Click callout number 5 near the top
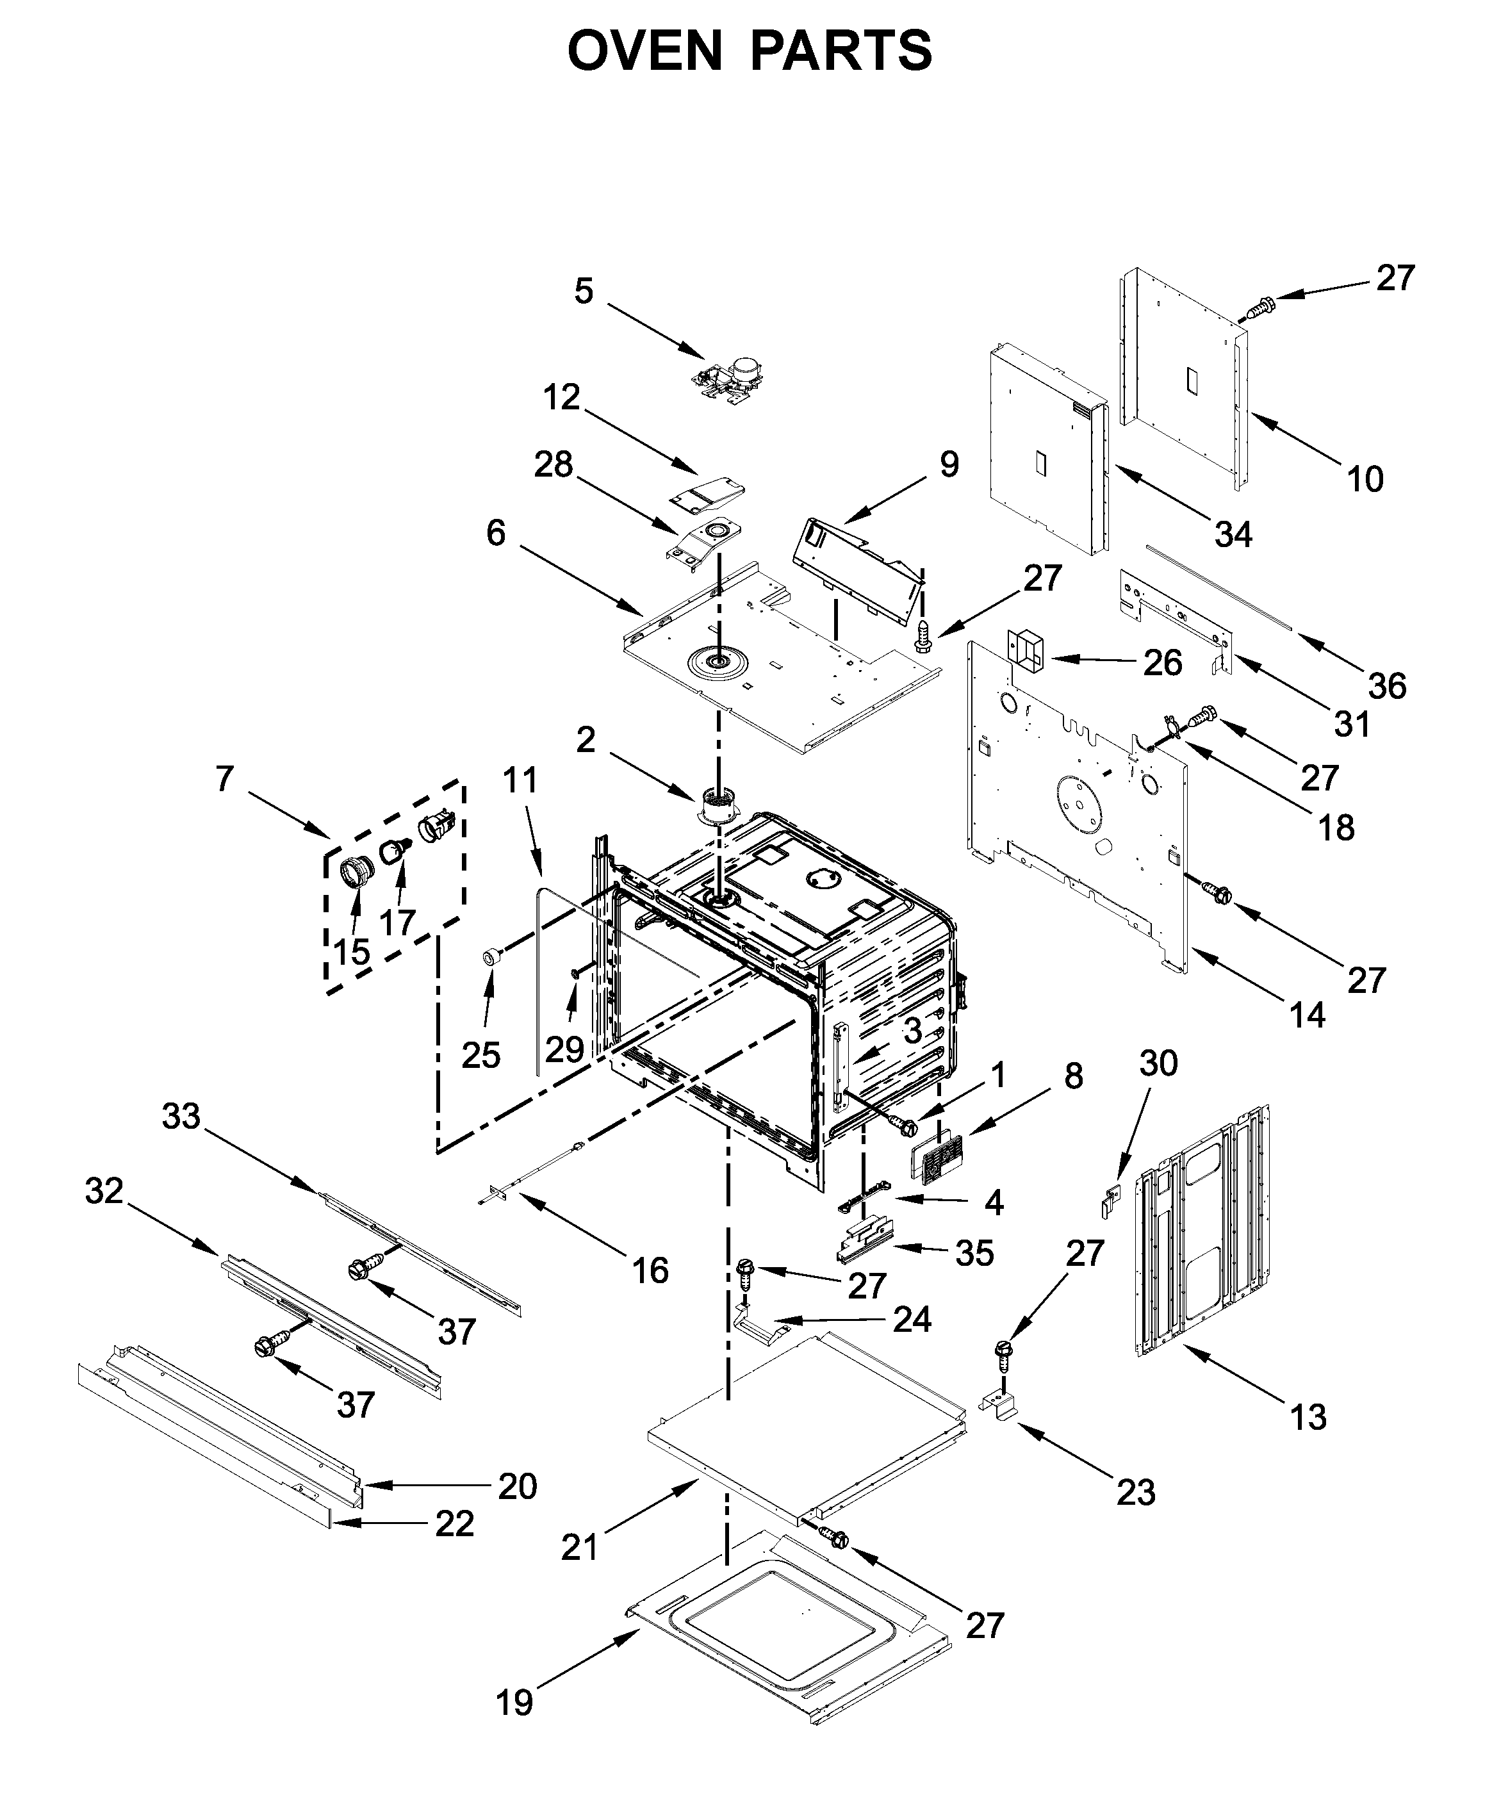click(x=584, y=291)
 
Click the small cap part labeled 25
click(x=491, y=956)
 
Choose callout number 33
click(x=181, y=1117)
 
